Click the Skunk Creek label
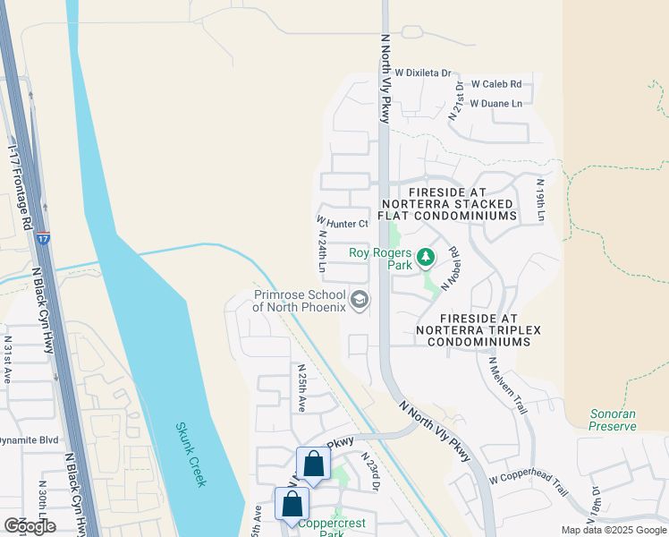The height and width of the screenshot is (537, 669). pyautogui.click(x=191, y=455)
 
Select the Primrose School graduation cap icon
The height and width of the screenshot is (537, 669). pyautogui.click(x=360, y=300)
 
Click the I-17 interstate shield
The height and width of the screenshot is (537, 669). pyautogui.click(x=44, y=238)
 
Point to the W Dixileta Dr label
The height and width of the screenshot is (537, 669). pyautogui.click(x=422, y=72)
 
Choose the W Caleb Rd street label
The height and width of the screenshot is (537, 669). pyautogui.click(x=495, y=84)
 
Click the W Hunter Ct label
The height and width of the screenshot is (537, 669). pyautogui.click(x=343, y=223)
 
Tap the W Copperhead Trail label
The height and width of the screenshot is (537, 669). pyautogui.click(x=529, y=487)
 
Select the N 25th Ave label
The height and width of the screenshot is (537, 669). pyautogui.click(x=301, y=388)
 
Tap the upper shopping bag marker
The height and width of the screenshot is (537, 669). pyautogui.click(x=313, y=465)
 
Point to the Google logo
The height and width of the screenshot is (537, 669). pyautogui.click(x=30, y=525)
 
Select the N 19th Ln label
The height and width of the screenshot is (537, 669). pyautogui.click(x=540, y=199)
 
